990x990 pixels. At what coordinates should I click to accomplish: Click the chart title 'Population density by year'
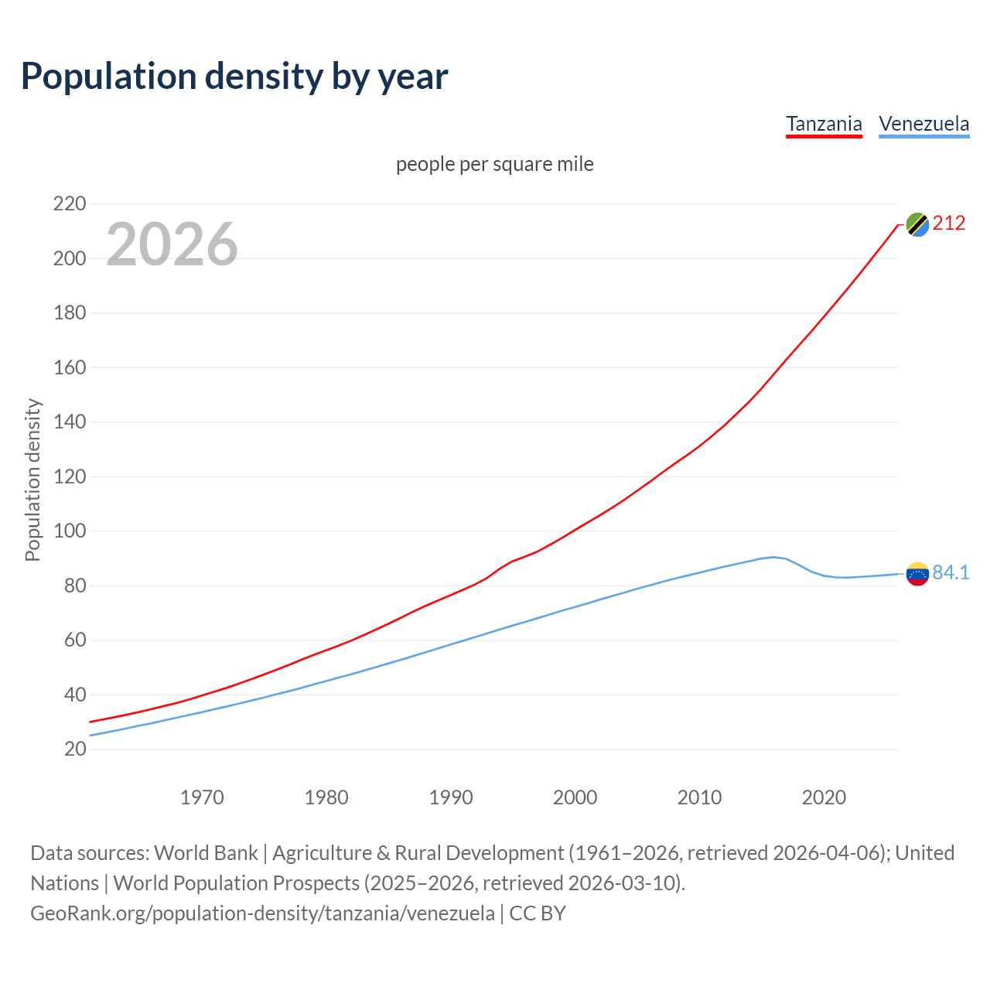click(234, 76)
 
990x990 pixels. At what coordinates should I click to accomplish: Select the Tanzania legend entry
click(824, 124)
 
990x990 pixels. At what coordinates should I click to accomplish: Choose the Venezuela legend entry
click(923, 124)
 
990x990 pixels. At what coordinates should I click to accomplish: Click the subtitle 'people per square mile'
click(494, 164)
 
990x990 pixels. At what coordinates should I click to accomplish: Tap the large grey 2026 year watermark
click(172, 244)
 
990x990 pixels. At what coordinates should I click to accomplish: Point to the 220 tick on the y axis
click(69, 204)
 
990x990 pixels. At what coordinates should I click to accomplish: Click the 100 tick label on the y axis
click(69, 531)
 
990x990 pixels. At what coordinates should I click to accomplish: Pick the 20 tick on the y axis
click(74, 749)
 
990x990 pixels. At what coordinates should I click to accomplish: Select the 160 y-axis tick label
click(69, 367)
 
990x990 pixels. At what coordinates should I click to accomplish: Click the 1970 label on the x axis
click(202, 797)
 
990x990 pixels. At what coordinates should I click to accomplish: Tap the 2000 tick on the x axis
click(575, 797)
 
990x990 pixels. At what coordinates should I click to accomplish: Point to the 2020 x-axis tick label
click(824, 797)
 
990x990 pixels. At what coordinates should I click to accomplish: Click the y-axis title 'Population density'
click(32, 480)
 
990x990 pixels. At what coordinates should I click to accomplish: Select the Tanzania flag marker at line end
click(917, 224)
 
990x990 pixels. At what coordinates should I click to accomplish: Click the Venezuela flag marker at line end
click(917, 574)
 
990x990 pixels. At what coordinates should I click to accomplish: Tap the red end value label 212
click(949, 224)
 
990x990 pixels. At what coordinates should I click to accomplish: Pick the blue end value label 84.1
click(951, 572)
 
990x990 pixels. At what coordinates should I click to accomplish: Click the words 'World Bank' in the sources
click(206, 852)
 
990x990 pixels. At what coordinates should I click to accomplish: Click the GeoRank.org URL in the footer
click(262, 913)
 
